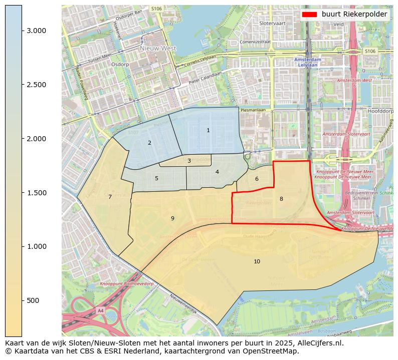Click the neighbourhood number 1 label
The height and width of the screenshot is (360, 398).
pos(208,131)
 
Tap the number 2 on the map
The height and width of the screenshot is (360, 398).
pos(149,143)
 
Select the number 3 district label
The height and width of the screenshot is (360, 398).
pos(189,161)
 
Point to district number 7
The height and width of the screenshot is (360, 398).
pos(110,197)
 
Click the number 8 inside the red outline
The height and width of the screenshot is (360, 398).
pos(281,199)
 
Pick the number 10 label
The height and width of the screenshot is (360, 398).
pos(257,261)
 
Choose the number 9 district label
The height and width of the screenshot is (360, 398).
pos(172,218)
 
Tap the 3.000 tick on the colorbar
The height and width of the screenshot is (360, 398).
pos(36,31)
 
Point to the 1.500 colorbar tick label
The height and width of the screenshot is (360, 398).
pos(36,193)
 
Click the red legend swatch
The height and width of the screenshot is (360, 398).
pos(310,15)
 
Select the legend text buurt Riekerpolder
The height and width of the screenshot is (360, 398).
pos(354,15)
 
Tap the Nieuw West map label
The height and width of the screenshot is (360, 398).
pos(158,49)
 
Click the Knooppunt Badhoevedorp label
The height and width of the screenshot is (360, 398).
pos(126,284)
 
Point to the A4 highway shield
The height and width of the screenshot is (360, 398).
pos(101,310)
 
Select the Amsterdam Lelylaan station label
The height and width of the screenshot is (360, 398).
pos(307,62)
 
